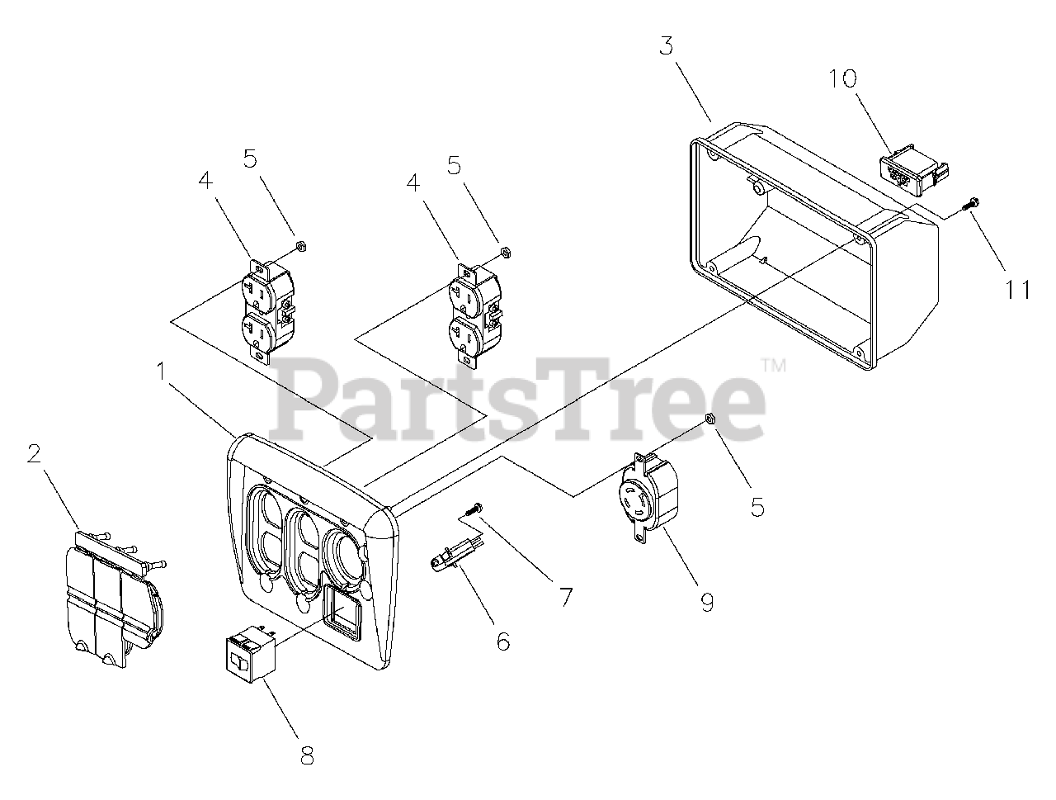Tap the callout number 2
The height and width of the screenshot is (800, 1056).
[34, 453]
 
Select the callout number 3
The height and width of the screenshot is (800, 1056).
[666, 45]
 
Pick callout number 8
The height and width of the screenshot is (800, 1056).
[307, 755]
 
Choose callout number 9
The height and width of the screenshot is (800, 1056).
[707, 603]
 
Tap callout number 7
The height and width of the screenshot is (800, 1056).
[565, 596]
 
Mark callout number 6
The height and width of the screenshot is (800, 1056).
[502, 641]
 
